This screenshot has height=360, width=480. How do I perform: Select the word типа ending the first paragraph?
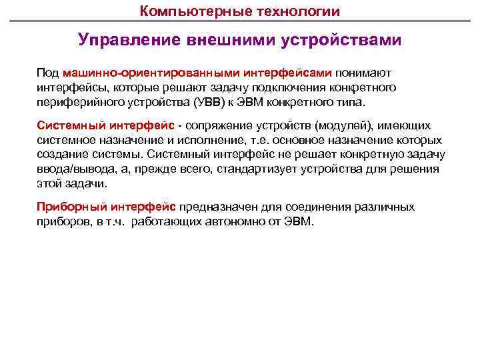point(351,103)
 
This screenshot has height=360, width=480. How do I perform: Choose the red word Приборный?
point(68,206)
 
